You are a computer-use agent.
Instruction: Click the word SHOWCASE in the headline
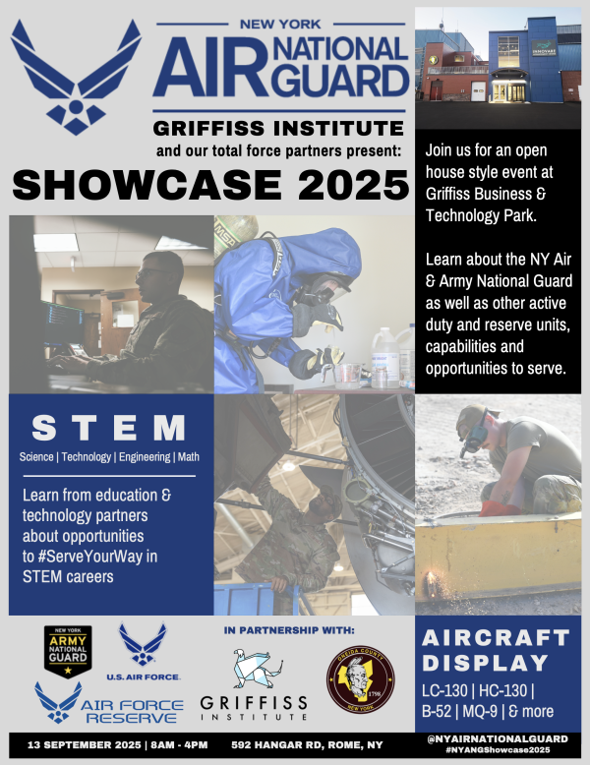pos(147,185)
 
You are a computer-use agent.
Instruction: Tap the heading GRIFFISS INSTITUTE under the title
pos(278,128)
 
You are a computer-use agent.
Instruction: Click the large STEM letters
pos(108,428)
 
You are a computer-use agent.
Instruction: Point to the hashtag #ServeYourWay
pos(89,557)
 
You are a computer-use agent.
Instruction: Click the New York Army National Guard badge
pos(68,652)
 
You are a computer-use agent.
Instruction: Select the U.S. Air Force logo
pos(143,652)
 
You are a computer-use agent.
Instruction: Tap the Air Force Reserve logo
pos(109,703)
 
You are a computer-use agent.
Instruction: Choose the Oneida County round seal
pos(361,679)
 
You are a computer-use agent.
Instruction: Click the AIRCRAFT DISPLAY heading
pos(496,650)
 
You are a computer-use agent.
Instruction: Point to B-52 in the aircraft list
pos(437,711)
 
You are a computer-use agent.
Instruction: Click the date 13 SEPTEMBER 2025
pos(84,745)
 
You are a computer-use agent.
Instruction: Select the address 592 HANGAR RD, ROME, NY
pos(307,745)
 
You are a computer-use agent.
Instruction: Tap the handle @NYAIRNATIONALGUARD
pos(498,738)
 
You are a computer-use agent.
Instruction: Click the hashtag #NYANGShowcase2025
pos(498,750)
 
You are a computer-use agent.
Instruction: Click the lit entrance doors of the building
pos(508,90)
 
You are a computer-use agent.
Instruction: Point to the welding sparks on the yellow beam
pos(433,581)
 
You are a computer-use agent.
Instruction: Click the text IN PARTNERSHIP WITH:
pos(289,630)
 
